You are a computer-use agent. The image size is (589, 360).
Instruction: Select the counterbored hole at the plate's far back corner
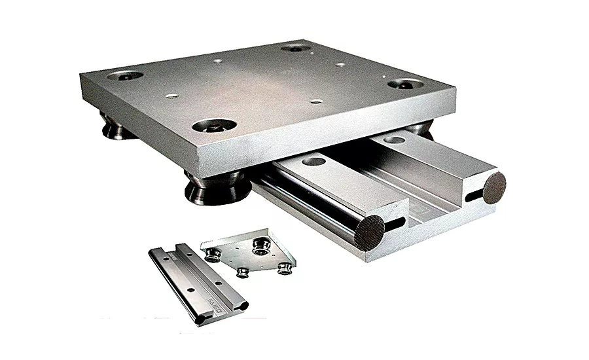(296, 48)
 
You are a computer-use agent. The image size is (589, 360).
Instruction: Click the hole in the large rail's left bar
(315, 160)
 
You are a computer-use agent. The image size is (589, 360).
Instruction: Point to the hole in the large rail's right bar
(395, 139)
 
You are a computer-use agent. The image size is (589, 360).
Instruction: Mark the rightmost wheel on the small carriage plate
(284, 267)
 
